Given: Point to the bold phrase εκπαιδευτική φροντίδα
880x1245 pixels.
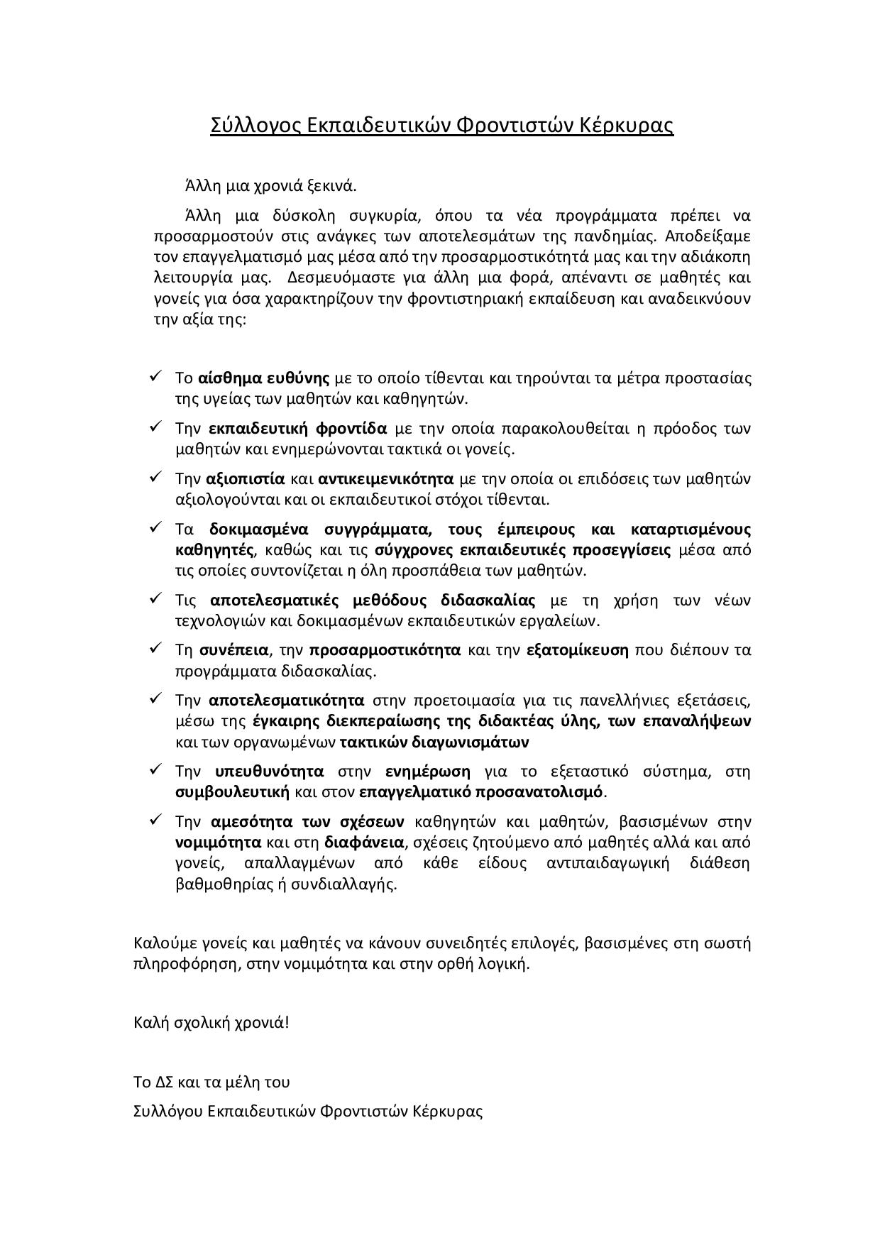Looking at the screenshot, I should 298,428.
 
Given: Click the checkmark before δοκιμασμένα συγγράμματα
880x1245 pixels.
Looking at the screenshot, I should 156,527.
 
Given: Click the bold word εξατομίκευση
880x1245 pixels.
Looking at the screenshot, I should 578,650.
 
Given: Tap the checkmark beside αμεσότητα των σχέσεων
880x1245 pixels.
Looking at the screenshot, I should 156,820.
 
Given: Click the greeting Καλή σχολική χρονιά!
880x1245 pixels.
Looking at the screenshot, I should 211,1023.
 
